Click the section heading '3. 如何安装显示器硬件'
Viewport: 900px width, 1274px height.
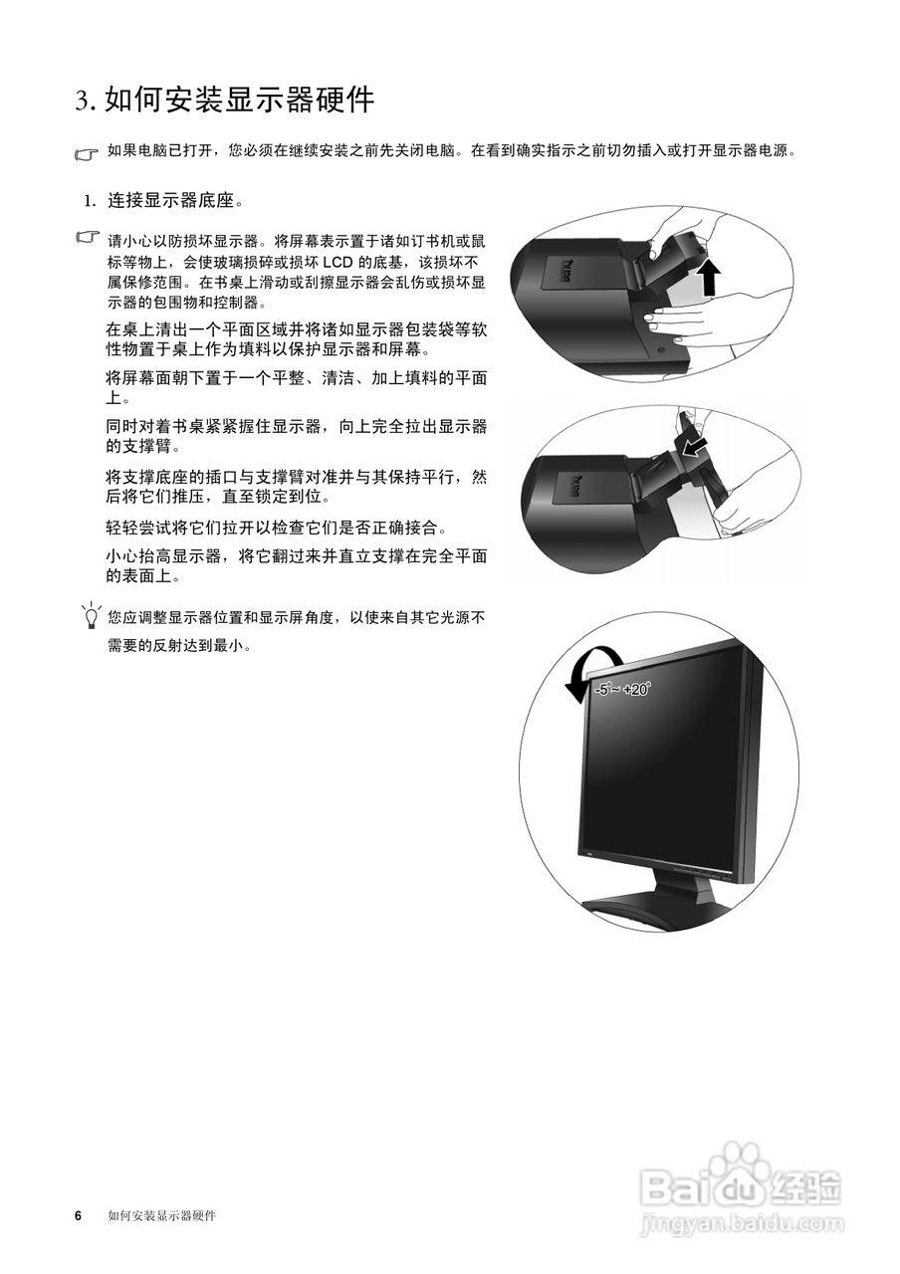pos(225,100)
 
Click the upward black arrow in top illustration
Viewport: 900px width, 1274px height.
pos(708,279)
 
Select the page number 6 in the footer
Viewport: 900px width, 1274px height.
pos(78,1216)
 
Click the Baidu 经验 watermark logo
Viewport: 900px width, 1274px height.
pos(741,1184)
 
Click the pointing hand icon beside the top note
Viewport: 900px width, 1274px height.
pos(88,154)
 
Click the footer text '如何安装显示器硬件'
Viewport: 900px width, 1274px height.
pos(161,1216)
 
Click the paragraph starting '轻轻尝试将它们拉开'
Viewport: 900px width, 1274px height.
pos(277,528)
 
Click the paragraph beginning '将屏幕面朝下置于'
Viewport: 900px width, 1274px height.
pos(296,387)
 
